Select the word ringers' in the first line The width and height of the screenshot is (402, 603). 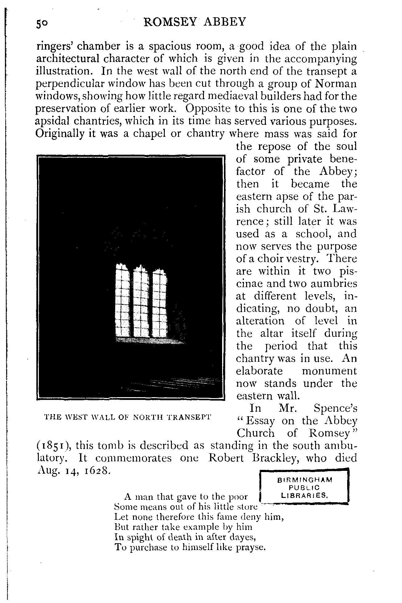click(54, 47)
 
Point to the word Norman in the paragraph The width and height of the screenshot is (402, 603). click(336, 84)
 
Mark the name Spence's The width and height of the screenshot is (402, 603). click(335, 408)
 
